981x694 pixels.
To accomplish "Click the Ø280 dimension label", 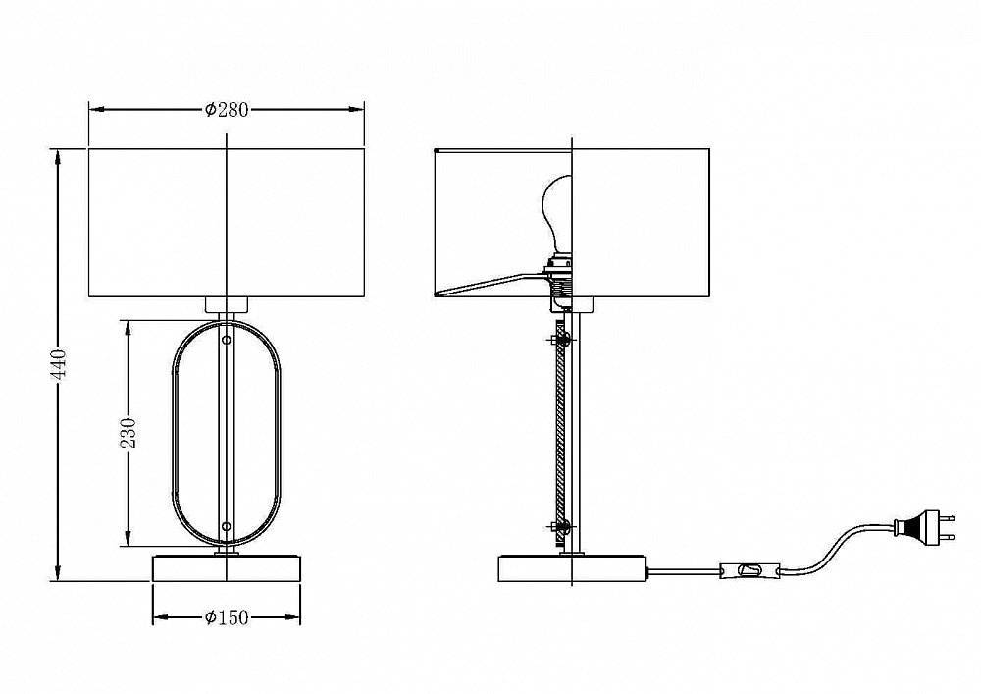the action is tap(227, 110).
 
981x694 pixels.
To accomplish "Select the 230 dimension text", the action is tap(128, 433).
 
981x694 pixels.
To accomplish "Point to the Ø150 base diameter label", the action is tap(227, 617).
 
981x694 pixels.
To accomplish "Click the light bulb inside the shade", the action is tap(557, 214).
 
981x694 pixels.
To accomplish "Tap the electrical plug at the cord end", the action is tap(925, 527).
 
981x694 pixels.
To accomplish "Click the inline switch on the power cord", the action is tap(750, 570).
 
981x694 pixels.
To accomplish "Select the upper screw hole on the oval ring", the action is tap(227, 341).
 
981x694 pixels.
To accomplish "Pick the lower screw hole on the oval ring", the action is tap(227, 527).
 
